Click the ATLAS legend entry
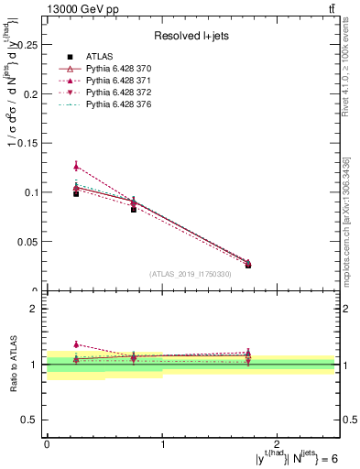point(98,57)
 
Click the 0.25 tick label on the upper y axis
point(27,44)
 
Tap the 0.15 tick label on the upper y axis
point(27,143)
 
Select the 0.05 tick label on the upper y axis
point(27,242)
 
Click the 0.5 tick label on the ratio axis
point(31,420)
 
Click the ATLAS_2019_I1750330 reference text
point(190,273)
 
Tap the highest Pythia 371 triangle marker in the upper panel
point(76,166)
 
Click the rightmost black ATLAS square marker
point(248,265)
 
